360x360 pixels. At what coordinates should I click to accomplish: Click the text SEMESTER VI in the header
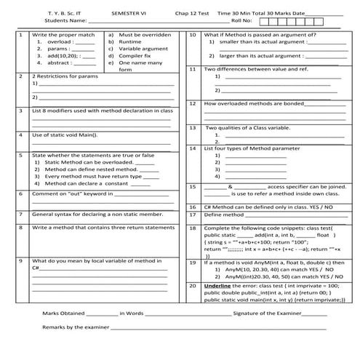(x=128, y=12)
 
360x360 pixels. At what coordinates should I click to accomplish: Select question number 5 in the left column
(x=22, y=155)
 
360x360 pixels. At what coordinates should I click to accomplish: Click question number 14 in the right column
(x=192, y=148)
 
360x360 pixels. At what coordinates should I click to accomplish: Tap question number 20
(x=192, y=286)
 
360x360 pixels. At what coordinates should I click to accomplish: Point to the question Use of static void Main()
(x=65, y=135)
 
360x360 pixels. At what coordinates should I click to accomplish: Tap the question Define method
(x=222, y=215)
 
